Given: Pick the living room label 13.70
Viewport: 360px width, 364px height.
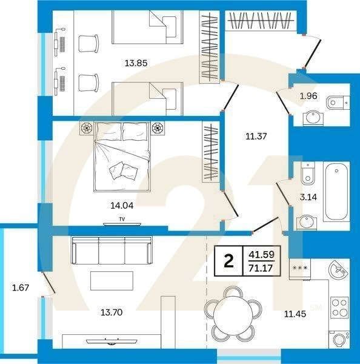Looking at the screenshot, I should [x=112, y=313].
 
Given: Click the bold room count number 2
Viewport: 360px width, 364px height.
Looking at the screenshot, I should [x=228, y=261].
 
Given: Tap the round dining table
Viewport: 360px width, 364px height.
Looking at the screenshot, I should [x=233, y=313].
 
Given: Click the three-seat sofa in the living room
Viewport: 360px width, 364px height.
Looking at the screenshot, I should [x=112, y=249].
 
